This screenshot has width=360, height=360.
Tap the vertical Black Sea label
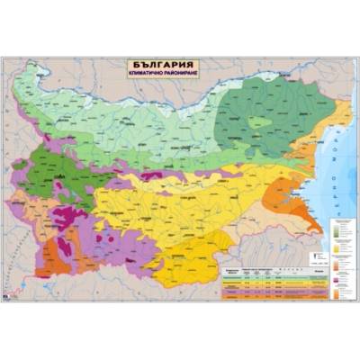(345, 180)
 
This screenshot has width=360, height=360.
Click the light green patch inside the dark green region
(260, 121)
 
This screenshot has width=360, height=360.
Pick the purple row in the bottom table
(261, 290)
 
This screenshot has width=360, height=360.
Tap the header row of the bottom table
(261, 269)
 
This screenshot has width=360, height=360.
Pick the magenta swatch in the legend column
(341, 280)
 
